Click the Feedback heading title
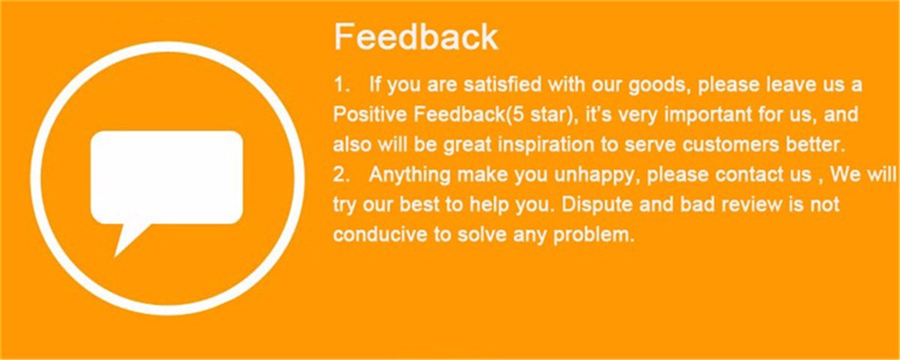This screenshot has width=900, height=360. pyautogui.click(x=415, y=37)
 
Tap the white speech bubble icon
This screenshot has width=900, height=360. pyautogui.click(x=166, y=184)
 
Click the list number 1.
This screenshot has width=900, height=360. pyautogui.click(x=340, y=85)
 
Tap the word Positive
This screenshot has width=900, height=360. pyautogui.click(x=370, y=115)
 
